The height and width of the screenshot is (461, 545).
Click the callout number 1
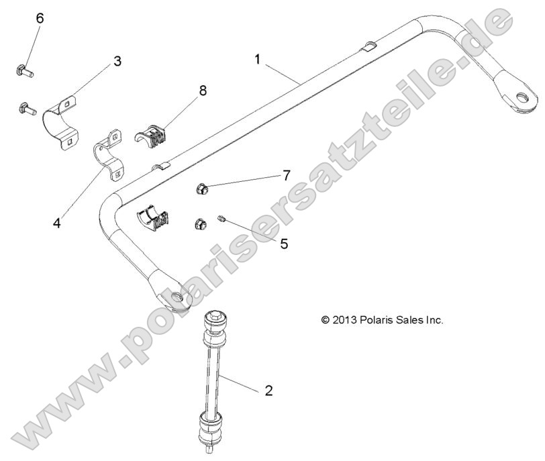(258, 60)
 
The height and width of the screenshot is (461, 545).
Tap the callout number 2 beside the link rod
(268, 391)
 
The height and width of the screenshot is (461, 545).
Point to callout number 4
(57, 222)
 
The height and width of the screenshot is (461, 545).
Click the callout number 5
(284, 244)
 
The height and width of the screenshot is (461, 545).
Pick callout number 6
(40, 18)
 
